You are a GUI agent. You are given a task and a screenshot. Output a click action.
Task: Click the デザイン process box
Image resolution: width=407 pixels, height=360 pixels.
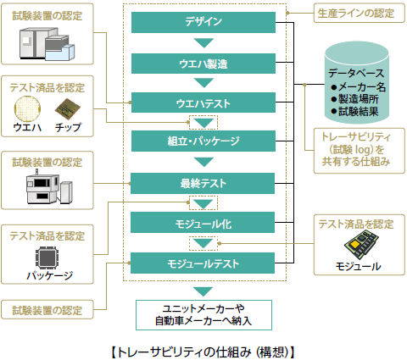click(203, 22)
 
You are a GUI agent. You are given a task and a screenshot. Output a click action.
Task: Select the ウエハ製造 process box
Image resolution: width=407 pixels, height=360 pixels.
click(203, 63)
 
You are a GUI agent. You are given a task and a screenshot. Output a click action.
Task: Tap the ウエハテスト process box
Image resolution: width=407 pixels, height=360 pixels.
click(203, 102)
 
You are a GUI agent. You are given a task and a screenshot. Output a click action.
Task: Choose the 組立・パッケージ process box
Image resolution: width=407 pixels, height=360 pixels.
click(203, 141)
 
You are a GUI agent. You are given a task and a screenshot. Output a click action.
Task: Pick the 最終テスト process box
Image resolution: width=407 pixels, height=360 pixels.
click(203, 181)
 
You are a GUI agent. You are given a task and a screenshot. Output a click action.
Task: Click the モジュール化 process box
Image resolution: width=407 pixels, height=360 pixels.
click(203, 222)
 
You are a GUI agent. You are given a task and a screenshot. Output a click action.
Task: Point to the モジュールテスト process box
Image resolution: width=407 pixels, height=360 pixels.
click(203, 262)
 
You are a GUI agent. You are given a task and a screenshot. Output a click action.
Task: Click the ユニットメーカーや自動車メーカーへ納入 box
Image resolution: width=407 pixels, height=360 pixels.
click(203, 313)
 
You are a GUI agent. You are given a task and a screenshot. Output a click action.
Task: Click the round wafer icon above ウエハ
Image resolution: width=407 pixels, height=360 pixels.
click(27, 109)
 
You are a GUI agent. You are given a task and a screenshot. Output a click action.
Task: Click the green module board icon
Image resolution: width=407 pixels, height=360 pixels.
click(355, 247)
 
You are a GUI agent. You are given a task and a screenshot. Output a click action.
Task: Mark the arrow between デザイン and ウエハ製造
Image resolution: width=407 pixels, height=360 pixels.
click(203, 42)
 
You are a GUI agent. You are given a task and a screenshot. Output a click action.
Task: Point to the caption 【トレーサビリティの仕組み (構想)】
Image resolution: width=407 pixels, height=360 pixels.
click(203, 349)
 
